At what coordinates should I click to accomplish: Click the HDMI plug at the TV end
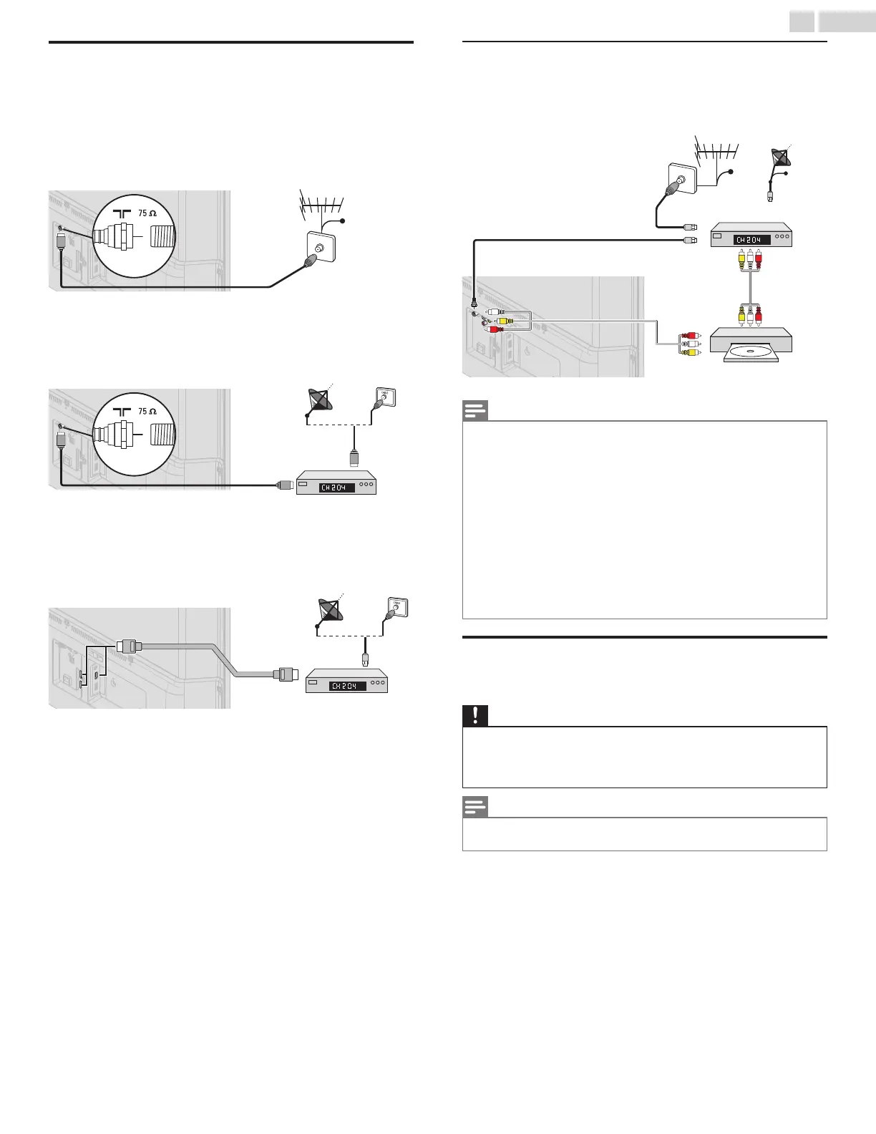tap(127, 646)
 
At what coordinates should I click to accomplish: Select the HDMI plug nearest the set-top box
tap(286, 674)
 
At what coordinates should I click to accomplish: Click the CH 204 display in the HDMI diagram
tap(347, 686)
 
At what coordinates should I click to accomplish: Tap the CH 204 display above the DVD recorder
tap(752, 240)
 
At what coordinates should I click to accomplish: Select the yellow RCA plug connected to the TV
tap(503, 321)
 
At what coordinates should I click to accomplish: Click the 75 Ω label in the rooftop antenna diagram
tap(147, 213)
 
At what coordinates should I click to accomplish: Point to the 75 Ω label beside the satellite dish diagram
tap(147, 412)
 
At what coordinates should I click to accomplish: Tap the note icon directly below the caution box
tap(475, 808)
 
